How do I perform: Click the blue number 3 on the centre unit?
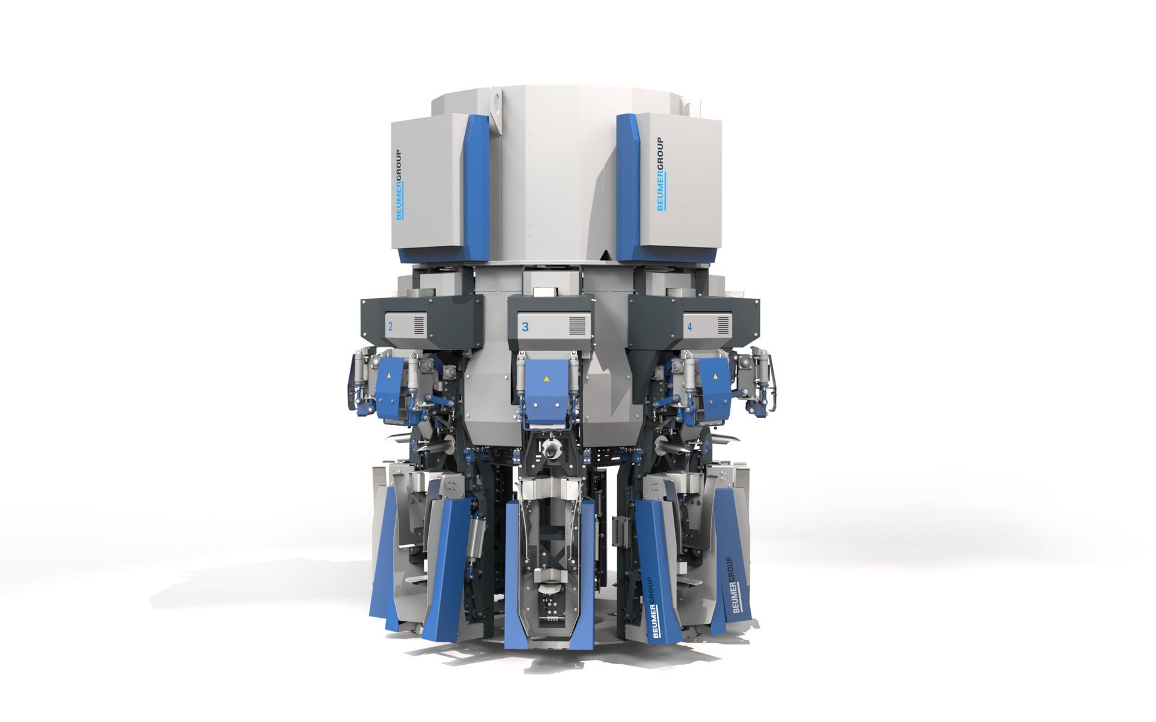pos(526,327)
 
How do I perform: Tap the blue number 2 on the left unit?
pos(391,327)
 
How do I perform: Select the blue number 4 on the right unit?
pos(690,328)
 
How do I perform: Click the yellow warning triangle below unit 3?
pos(547,379)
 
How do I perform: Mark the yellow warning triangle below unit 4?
pos(715,376)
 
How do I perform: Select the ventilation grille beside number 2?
pos(419,326)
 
